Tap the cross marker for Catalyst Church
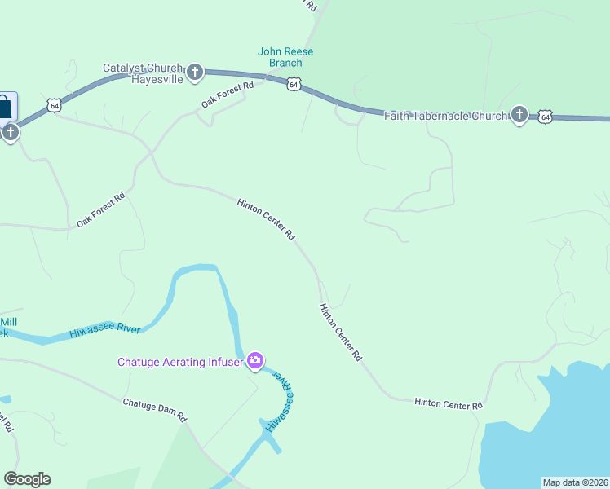[x=195, y=73]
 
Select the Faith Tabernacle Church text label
[x=446, y=117]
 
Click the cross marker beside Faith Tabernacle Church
[x=519, y=115]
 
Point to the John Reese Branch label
[x=285, y=57]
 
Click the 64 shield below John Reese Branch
[x=294, y=84]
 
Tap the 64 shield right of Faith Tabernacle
[x=546, y=117]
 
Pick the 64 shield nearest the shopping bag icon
[x=54, y=105]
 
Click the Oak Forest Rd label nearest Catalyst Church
[x=228, y=95]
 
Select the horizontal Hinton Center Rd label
[x=449, y=403]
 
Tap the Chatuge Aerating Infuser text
[x=180, y=362]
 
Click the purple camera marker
[x=255, y=360]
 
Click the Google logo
[x=27, y=479]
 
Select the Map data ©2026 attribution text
[x=576, y=482]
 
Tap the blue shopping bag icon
[x=5, y=107]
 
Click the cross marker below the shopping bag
[x=10, y=131]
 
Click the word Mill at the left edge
[x=9, y=322]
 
